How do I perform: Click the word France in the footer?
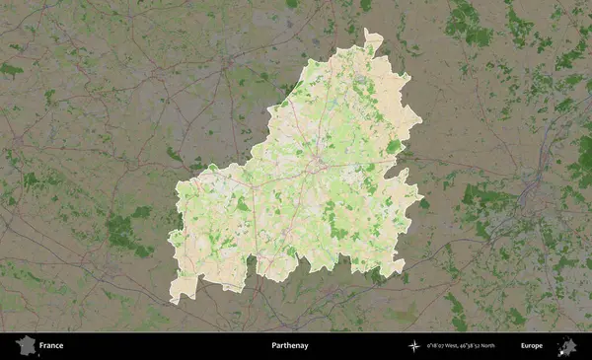(51, 346)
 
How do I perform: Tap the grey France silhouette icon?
(25, 345)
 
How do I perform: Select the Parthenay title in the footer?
(289, 346)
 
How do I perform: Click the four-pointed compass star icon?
(414, 346)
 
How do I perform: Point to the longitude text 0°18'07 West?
(445, 346)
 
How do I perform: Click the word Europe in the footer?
(532, 346)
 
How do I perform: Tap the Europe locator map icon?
(567, 345)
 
